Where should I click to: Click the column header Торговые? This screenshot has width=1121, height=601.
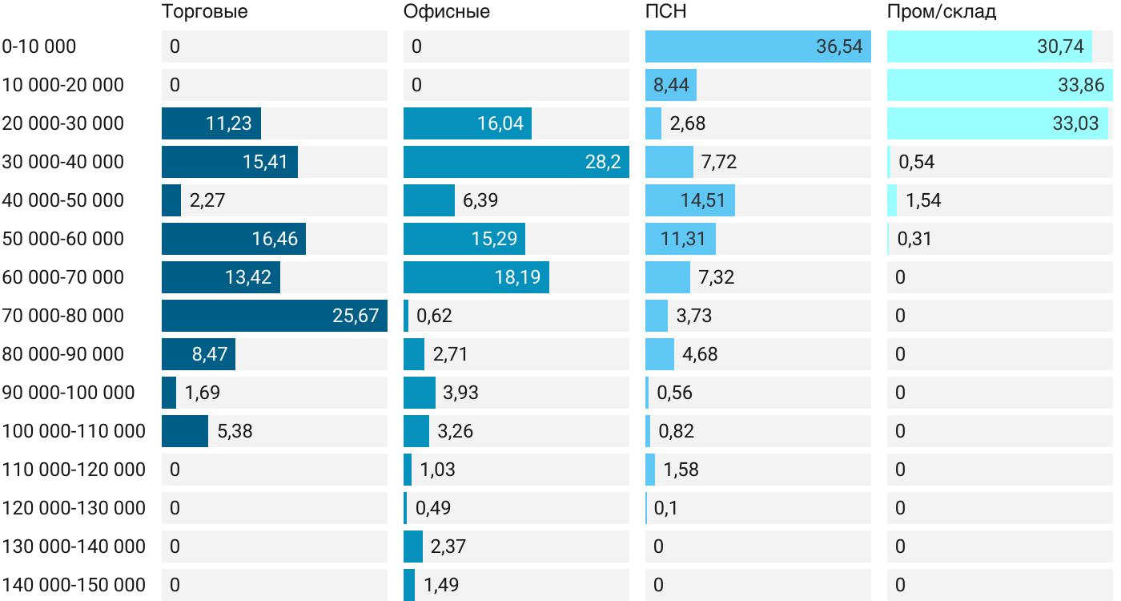point(204,11)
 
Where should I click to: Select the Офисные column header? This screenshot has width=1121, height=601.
point(446,11)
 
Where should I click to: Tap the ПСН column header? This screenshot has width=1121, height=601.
point(665,11)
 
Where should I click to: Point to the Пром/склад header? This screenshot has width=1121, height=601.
point(941,11)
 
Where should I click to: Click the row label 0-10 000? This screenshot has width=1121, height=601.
point(39,46)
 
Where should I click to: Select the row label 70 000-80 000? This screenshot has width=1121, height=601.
point(63,316)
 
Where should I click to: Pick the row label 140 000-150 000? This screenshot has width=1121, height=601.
point(74,585)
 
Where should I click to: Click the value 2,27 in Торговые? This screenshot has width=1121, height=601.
point(207,200)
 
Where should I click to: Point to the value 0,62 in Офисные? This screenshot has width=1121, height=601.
point(434,316)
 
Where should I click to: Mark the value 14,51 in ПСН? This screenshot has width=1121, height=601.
point(702,200)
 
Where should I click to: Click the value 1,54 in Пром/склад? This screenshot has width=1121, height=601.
point(923,200)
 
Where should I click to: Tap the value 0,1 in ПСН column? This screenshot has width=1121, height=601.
point(665,508)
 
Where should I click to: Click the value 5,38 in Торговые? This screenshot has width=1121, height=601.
point(235,431)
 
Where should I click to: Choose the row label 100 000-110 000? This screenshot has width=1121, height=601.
point(74,431)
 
